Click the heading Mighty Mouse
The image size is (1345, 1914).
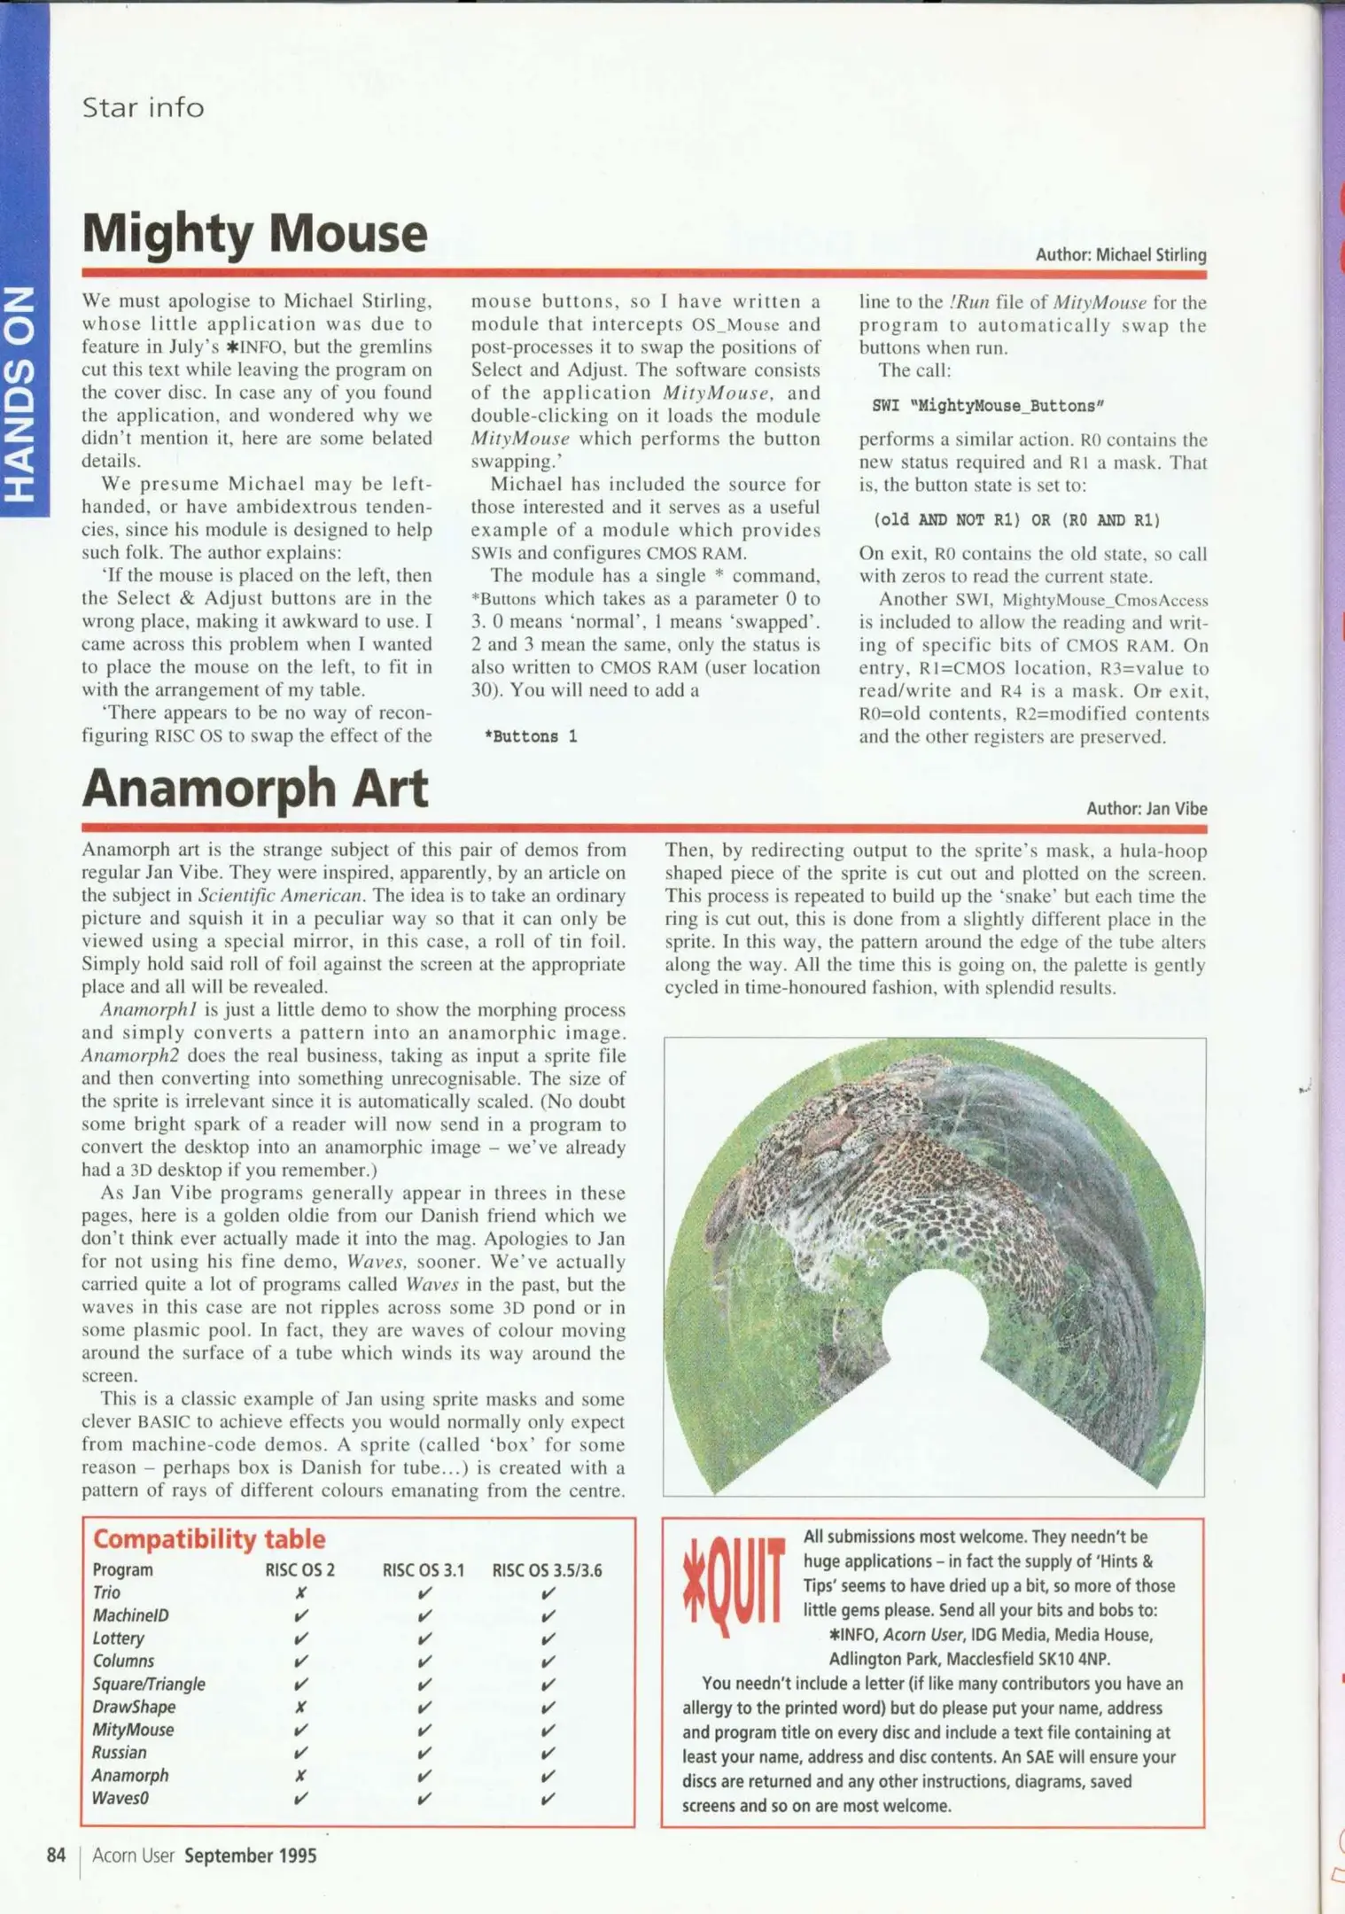[x=254, y=233]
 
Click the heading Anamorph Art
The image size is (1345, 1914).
[x=254, y=788]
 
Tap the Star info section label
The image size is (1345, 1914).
[x=143, y=107]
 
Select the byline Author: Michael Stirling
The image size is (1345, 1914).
[x=1120, y=255]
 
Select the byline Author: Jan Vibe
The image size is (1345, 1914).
[x=1146, y=808]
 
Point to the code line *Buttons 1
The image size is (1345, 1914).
[x=531, y=736]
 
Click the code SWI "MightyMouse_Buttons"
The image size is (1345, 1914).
[x=987, y=406]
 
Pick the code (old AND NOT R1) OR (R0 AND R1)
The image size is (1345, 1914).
[x=1015, y=520]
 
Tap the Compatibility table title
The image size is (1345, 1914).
[x=209, y=1539]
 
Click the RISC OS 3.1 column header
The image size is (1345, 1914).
[x=423, y=1570]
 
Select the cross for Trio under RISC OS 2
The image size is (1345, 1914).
[x=300, y=1592]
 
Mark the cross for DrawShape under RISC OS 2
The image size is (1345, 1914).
[x=300, y=1707]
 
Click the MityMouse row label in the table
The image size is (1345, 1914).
[x=133, y=1730]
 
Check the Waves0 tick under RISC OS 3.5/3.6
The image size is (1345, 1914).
[x=548, y=1799]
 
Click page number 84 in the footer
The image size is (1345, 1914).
[x=56, y=1856]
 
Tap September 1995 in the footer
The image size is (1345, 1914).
[x=250, y=1856]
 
